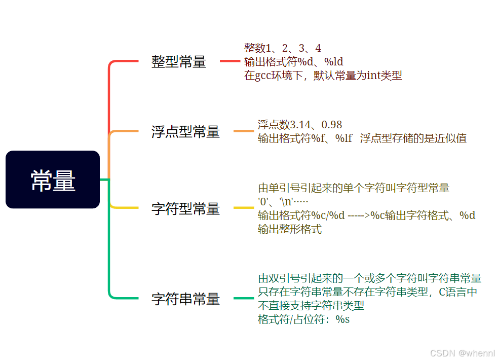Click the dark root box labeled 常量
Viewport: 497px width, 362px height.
[53, 180]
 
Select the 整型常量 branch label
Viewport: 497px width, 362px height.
[179, 62]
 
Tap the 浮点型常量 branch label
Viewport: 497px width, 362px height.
[185, 132]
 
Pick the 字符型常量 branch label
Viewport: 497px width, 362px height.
[185, 208]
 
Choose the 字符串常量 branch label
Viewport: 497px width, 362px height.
[185, 299]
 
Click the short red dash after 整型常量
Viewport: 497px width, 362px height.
[229, 61]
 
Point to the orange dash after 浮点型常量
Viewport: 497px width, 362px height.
[243, 131]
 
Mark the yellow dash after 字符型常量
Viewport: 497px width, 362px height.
[243, 208]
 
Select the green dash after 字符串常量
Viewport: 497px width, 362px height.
[243, 299]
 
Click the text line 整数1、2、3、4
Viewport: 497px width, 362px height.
[282, 49]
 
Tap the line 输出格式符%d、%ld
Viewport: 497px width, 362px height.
[294, 62]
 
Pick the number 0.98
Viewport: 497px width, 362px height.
[332, 125]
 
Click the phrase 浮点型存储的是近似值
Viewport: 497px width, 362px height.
[413, 138]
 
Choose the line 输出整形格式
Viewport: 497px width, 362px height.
[289, 229]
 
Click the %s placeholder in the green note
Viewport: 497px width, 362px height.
[343, 320]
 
